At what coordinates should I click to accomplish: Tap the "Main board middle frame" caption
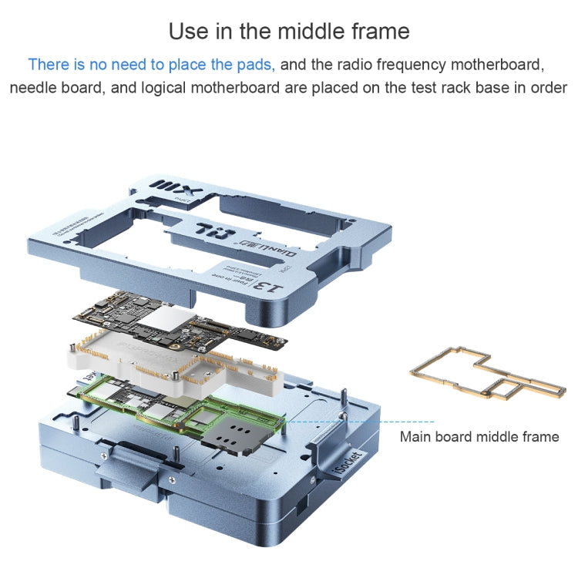click(479, 437)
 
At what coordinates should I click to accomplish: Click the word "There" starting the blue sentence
click(48, 64)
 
